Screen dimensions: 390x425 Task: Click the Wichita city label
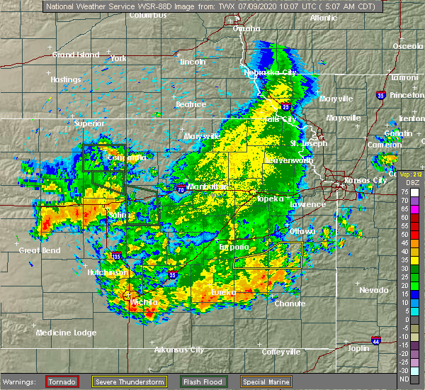click(x=144, y=302)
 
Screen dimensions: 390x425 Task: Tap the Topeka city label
click(x=270, y=199)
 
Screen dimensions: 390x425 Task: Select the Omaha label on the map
click(x=247, y=28)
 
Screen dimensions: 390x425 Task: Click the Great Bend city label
click(x=40, y=250)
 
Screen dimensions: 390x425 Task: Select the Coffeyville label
click(x=281, y=351)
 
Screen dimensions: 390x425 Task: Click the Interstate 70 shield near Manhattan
click(x=182, y=189)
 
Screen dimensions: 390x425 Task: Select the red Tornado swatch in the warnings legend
click(x=62, y=381)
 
